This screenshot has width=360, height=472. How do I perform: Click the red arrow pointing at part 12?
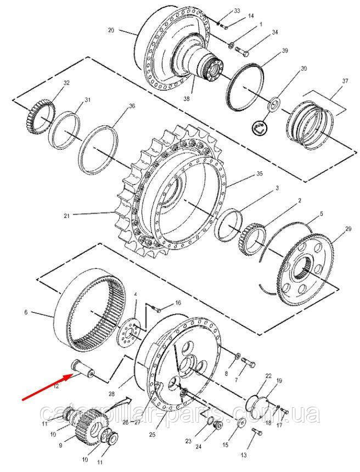coord(47,386)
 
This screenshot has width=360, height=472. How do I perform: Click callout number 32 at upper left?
coord(67,83)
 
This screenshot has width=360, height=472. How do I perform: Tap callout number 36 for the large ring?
coord(131,106)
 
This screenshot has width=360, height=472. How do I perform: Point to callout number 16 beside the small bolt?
coord(177,302)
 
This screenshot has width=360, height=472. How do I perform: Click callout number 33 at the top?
coord(237,11)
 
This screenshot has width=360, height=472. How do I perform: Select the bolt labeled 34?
coord(243,52)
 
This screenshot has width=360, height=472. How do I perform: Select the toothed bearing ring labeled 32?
coord(41,111)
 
